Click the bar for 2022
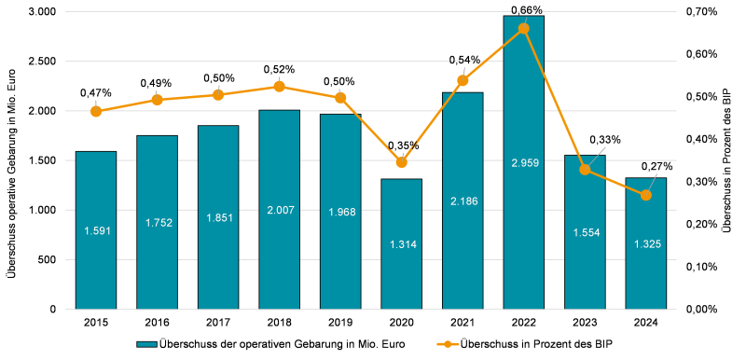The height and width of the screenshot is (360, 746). point(523,162)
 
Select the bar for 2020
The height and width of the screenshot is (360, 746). point(401,243)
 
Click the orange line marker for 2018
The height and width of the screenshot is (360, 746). point(279,87)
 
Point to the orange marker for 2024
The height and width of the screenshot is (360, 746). point(646,195)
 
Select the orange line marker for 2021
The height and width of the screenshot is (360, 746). point(463,80)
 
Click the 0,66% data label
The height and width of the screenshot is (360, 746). point(523,10)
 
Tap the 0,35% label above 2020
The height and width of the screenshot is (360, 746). point(403,145)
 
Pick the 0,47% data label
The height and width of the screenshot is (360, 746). point(96,92)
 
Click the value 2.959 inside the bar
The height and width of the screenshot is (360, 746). point(523,163)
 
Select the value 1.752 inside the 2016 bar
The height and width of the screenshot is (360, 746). point(157,223)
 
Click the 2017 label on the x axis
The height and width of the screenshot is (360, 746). point(218,322)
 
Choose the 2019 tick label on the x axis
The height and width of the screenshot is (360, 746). point(340,322)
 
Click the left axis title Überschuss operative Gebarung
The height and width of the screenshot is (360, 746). point(11,159)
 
